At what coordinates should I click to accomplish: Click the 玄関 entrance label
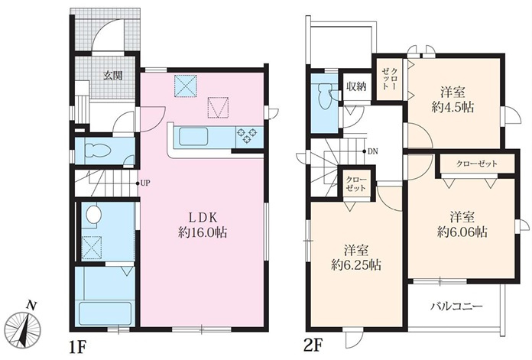click(x=112, y=76)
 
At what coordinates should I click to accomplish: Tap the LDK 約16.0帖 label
click(x=203, y=225)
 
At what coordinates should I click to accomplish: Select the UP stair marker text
click(x=145, y=183)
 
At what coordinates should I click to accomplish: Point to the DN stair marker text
click(x=372, y=151)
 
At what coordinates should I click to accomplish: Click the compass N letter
click(x=32, y=306)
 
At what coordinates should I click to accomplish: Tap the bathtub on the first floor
click(x=105, y=314)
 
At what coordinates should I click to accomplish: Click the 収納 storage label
click(x=356, y=87)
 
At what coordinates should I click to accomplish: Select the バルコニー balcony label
click(x=456, y=306)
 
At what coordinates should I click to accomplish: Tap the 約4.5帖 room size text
click(x=453, y=107)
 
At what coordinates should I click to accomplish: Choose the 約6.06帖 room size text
click(x=462, y=232)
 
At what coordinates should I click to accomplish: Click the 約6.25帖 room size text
click(x=356, y=264)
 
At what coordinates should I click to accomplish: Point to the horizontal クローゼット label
click(x=477, y=164)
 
